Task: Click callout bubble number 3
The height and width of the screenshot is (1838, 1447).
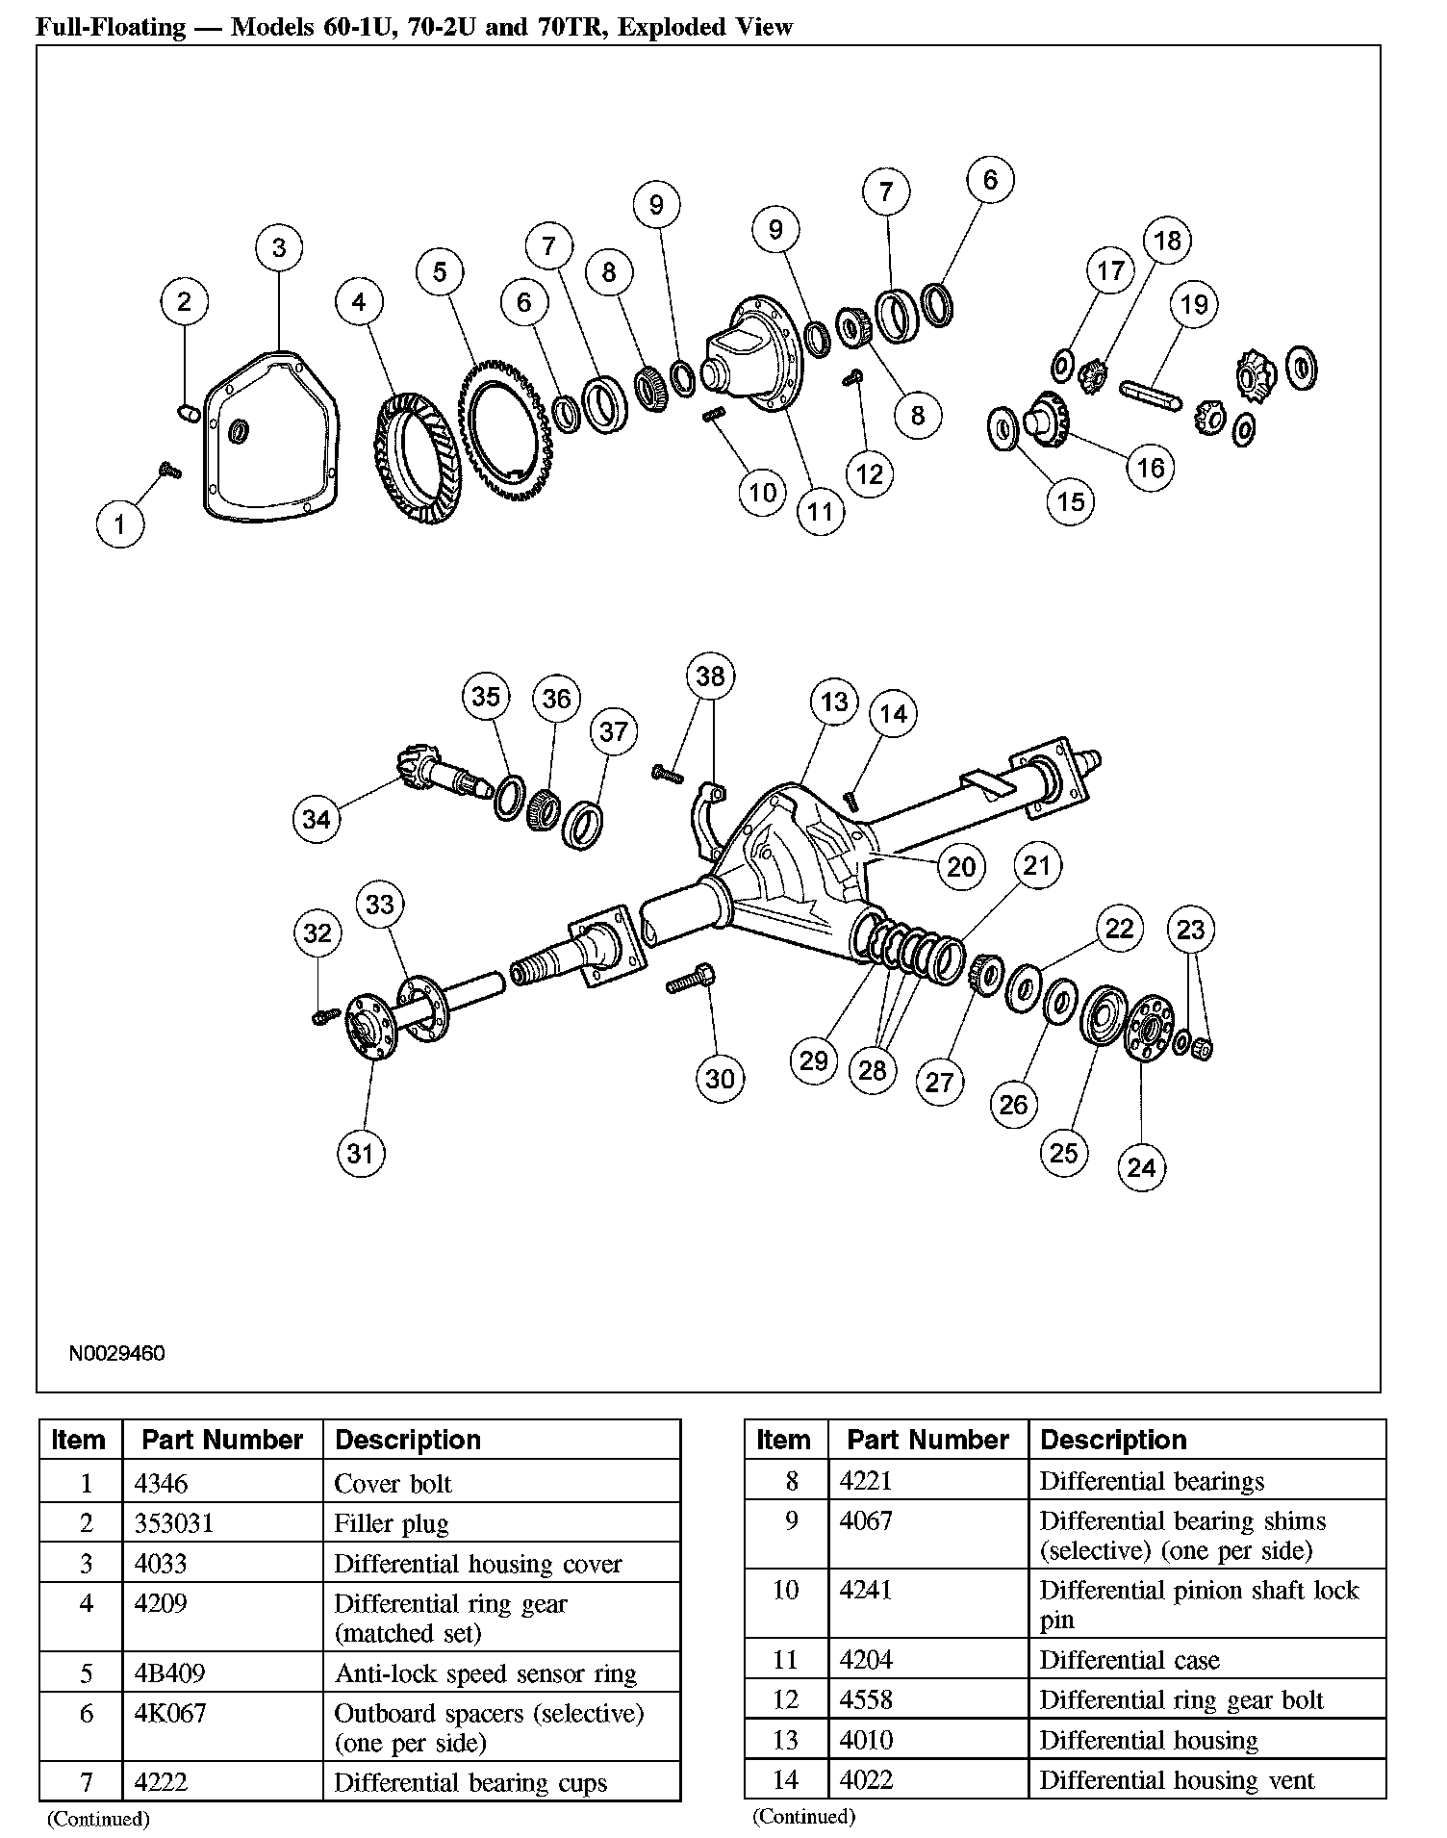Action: click(279, 247)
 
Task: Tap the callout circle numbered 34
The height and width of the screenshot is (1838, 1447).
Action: click(317, 819)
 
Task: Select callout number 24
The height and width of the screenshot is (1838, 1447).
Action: click(1141, 1167)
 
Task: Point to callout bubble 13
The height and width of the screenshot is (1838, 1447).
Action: click(834, 701)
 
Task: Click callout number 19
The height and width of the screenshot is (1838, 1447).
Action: click(1194, 304)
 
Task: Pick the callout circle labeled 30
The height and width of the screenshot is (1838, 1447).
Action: click(721, 1079)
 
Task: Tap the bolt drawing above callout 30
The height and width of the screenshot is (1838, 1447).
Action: click(690, 983)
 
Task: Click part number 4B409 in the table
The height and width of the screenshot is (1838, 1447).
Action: click(169, 1673)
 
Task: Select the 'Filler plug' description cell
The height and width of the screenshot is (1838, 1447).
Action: click(392, 1524)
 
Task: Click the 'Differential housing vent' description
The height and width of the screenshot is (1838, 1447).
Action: click(1177, 1780)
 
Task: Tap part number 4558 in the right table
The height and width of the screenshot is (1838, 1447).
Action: click(866, 1700)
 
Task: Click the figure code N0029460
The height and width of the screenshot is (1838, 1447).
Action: click(116, 1354)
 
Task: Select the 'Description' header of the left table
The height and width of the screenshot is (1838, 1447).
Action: click(408, 1440)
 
